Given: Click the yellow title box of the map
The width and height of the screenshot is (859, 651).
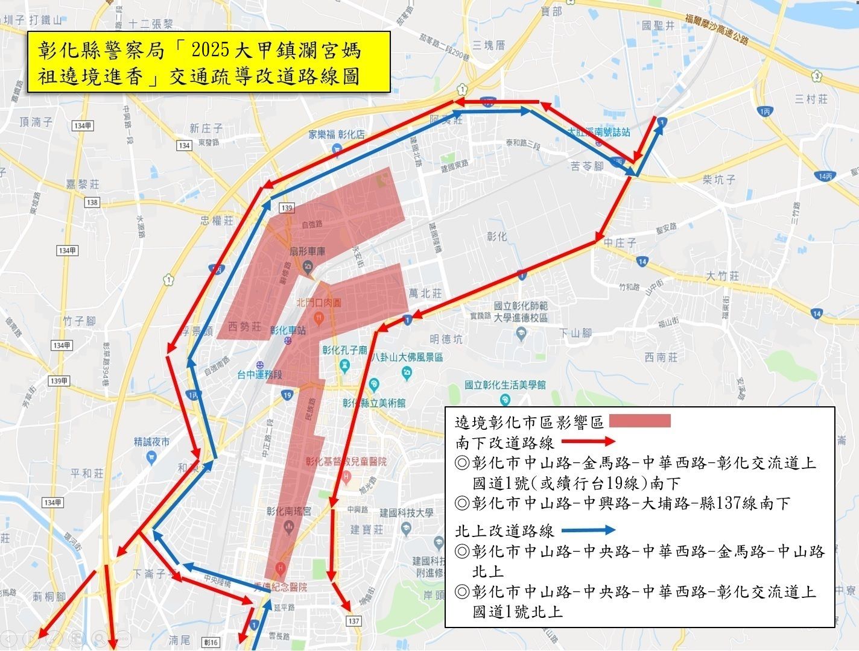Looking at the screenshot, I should tap(208, 62).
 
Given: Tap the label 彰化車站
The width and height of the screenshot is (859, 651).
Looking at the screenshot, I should tap(288, 330).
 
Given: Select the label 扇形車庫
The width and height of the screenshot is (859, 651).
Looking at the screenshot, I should tap(308, 251).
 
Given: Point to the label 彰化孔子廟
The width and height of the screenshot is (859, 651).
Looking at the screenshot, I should tap(344, 350).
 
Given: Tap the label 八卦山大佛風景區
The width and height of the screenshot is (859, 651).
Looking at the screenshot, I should tap(407, 357).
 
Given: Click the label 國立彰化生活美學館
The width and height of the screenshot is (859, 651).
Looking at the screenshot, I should tap(505, 385).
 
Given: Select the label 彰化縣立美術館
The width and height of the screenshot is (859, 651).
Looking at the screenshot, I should tap(374, 403).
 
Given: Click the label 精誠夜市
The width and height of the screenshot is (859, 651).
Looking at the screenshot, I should tap(152, 441).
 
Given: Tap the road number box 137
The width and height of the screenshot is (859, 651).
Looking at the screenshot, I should tap(353, 620).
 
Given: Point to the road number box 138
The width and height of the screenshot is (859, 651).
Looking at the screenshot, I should tap(92, 202).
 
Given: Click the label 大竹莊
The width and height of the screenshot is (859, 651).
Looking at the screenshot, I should tap(722, 276).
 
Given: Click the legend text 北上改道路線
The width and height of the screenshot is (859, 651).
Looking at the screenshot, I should tap(504, 531).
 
